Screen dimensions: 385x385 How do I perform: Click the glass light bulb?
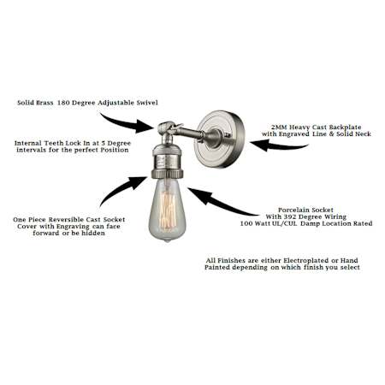click(168, 210)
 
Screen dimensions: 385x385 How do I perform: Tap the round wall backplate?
click(220, 139)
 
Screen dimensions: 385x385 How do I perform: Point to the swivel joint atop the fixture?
click(168, 127)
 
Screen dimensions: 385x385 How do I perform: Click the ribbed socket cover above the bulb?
click(168, 161)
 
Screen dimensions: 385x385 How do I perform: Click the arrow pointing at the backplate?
click(279, 145)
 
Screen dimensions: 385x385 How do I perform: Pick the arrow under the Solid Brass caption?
click(127, 123)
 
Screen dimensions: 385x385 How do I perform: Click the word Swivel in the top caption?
click(147, 103)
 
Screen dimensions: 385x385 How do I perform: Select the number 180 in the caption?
click(63, 103)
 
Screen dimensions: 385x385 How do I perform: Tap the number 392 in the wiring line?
click(289, 216)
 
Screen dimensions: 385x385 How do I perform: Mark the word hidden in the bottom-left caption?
click(93, 234)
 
